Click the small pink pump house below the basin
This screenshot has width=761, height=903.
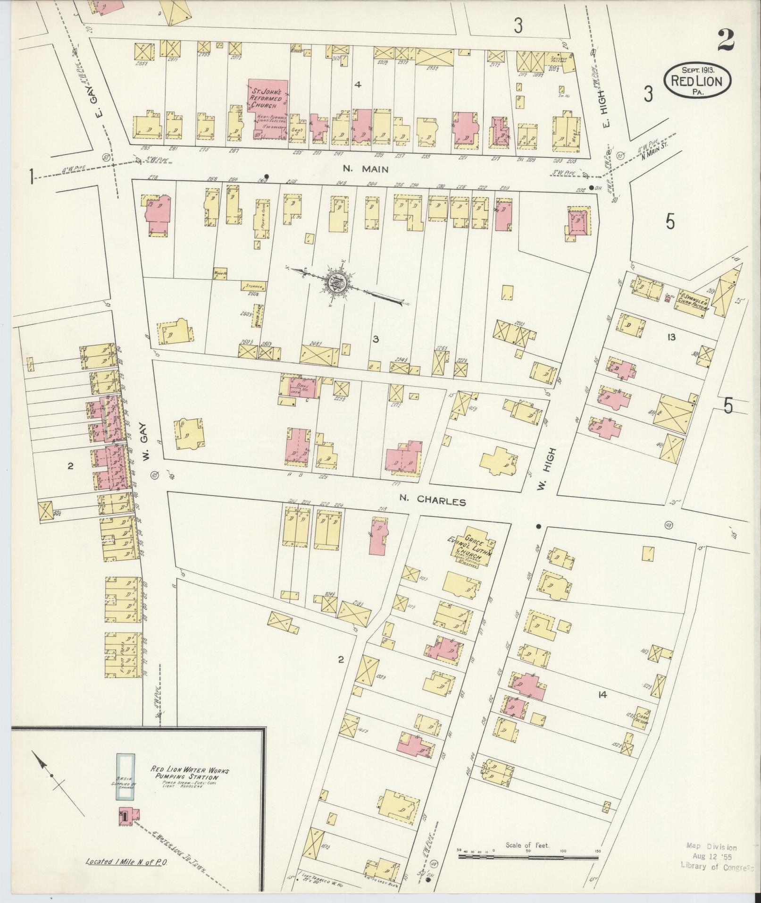128,817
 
